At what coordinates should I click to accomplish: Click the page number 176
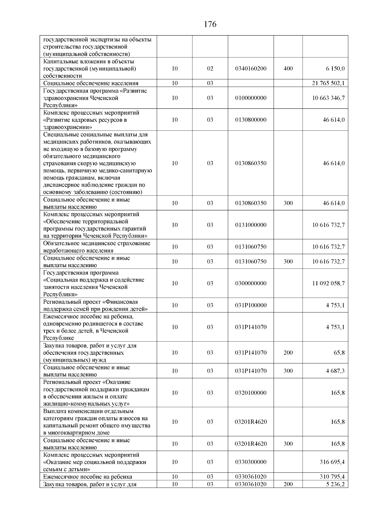210,24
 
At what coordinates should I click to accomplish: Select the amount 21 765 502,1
328,83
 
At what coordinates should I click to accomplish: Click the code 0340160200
251,69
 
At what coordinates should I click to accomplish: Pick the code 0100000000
251,98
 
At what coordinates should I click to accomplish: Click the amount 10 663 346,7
328,98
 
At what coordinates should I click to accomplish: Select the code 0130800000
251,120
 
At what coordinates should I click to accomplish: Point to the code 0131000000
251,225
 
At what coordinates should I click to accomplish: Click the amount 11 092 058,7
328,283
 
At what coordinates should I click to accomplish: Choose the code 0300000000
251,283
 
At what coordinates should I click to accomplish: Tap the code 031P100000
251,305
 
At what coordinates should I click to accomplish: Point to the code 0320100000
251,393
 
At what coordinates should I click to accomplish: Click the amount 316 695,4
332,462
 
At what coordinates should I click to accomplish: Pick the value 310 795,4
332,476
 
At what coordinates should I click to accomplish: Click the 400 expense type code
288,69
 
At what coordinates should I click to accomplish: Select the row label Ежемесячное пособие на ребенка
88,476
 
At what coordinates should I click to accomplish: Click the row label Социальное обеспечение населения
91,83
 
